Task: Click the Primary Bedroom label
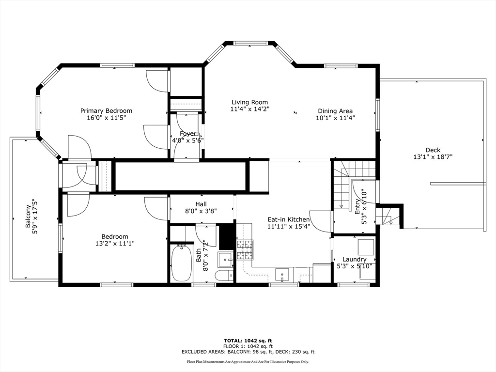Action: point(106,111)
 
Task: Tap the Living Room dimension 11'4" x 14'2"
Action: point(249,109)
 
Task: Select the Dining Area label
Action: point(335,111)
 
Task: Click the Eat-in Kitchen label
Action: point(288,219)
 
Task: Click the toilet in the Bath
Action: point(224,277)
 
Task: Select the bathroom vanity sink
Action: point(225,260)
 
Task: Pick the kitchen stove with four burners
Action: point(245,250)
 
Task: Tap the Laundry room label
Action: point(354,259)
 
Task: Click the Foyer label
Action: point(188,134)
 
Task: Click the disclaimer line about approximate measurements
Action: point(248,362)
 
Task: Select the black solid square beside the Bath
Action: point(226,236)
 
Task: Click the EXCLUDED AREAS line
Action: point(248,352)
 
